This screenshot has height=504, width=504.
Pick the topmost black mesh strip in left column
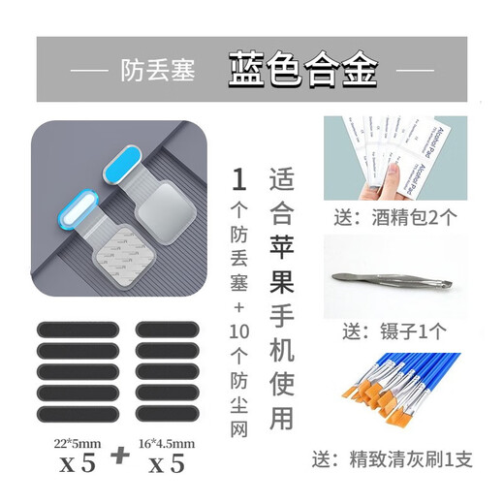pos(76,329)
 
